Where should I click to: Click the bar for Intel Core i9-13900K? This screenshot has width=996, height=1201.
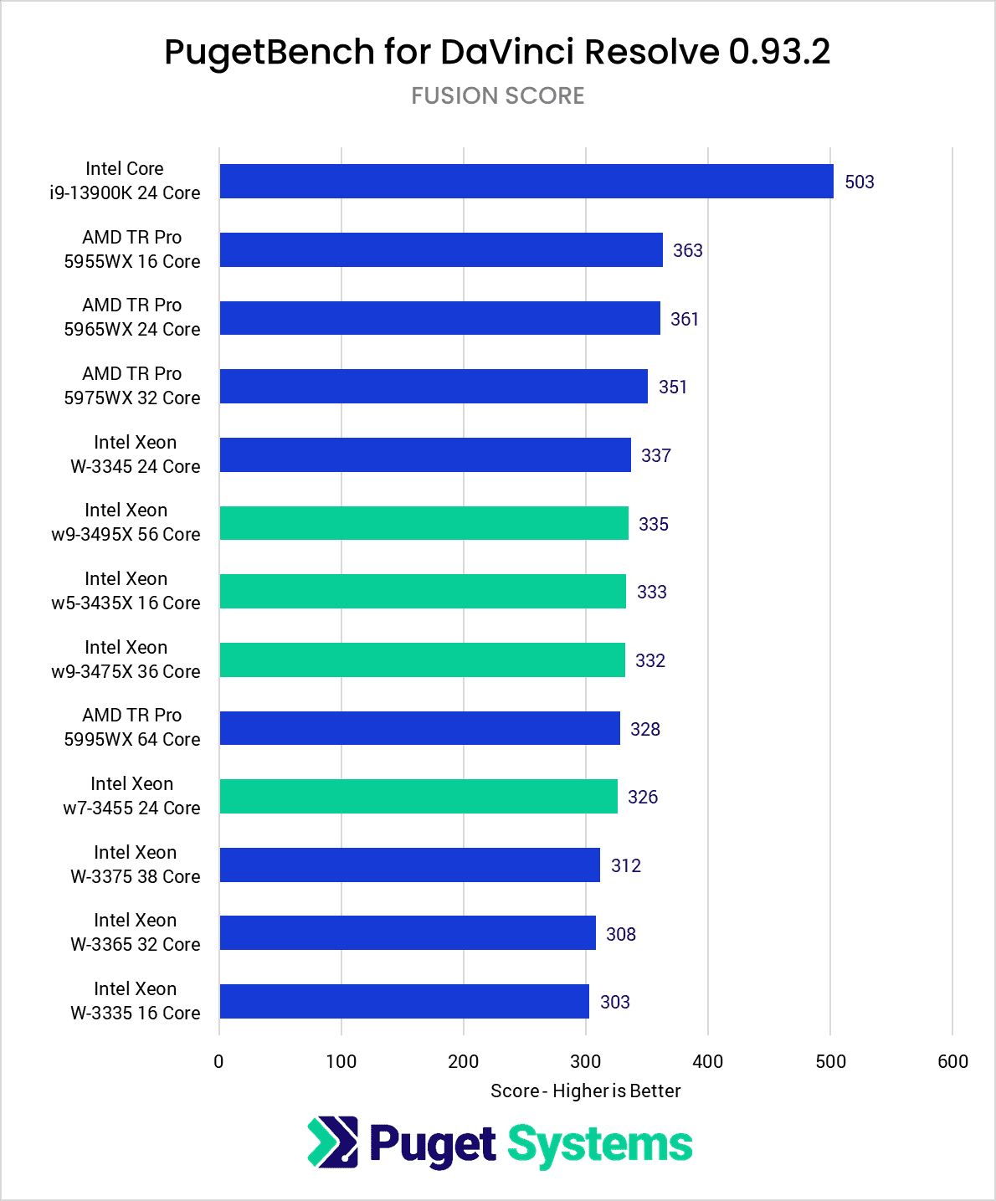tap(526, 182)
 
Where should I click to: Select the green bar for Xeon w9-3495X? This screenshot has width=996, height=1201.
tap(424, 523)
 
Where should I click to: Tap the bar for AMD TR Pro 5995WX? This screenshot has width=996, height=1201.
tap(419, 728)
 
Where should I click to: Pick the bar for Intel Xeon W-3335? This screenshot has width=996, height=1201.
tap(404, 1001)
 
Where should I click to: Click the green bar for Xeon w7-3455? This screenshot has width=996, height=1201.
tap(418, 796)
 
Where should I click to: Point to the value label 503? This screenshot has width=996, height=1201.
tap(859, 182)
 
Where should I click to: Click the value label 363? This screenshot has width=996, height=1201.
tap(687, 250)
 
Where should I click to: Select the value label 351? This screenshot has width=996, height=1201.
tap(673, 387)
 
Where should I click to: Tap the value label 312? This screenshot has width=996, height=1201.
tap(626, 865)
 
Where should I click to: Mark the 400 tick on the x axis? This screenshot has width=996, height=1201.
tap(708, 1061)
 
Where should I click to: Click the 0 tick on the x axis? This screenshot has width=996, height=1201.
tap(219, 1061)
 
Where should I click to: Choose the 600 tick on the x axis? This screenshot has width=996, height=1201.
tap(952, 1061)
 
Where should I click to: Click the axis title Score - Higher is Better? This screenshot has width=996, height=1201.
tap(585, 1091)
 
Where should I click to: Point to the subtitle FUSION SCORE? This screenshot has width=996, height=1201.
tap(498, 95)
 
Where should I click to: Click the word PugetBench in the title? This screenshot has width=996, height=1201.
tap(270, 52)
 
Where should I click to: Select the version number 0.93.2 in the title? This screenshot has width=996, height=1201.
tap(779, 52)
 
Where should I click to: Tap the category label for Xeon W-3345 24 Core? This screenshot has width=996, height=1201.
tap(135, 454)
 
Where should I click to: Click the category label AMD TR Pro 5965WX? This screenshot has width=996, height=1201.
tap(132, 317)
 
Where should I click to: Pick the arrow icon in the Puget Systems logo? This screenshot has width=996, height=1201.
tap(332, 1142)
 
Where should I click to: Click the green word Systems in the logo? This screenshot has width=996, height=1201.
tap(600, 1145)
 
